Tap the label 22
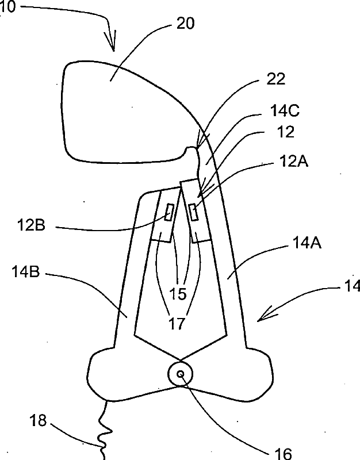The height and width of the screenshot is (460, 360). point(276,79)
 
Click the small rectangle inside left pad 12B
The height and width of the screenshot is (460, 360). point(170,212)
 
